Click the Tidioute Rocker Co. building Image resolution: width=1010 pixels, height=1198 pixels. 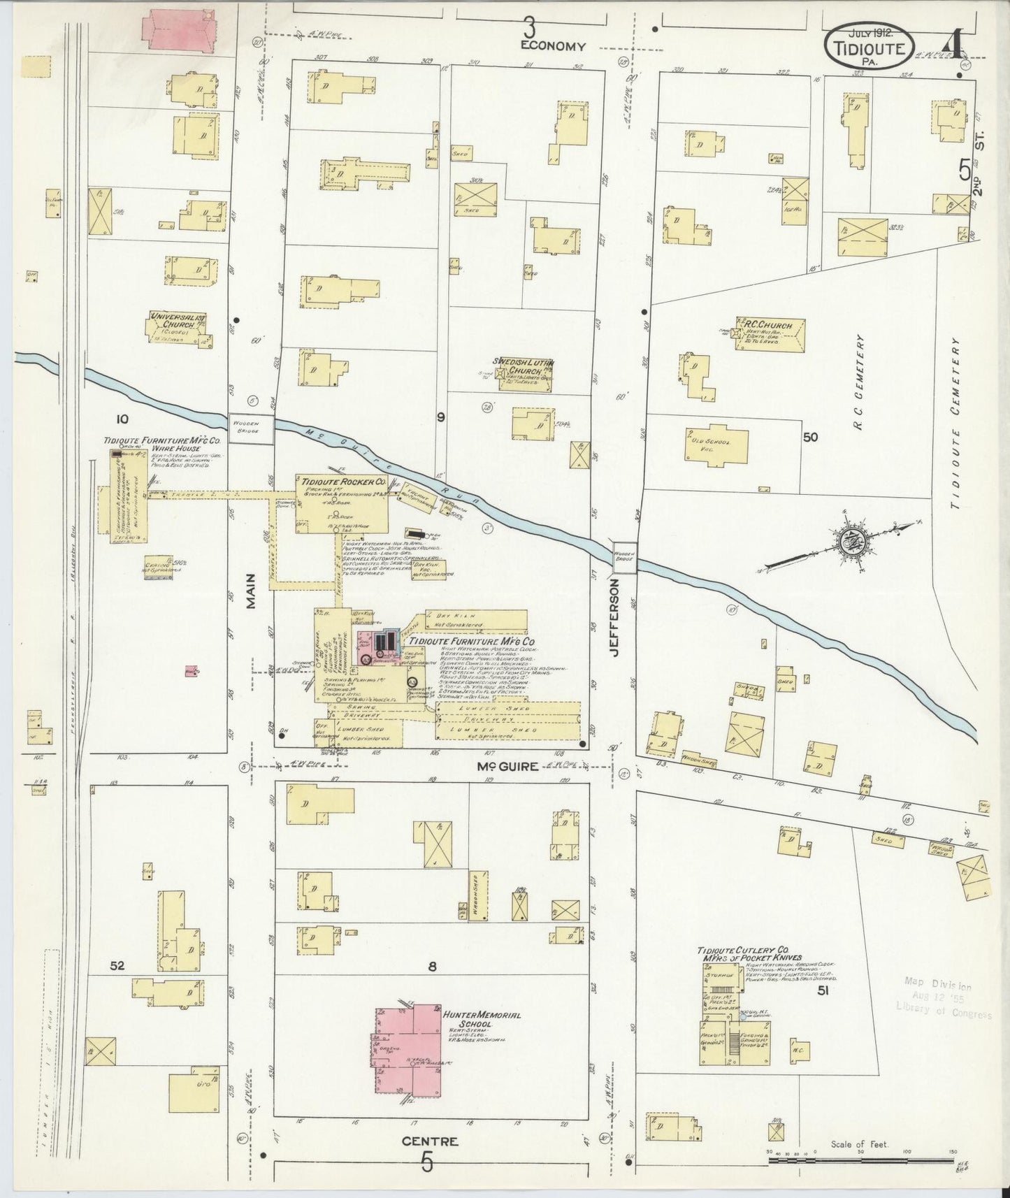342,502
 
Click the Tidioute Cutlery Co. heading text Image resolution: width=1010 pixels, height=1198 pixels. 744,953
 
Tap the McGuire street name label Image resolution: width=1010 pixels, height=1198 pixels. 507,766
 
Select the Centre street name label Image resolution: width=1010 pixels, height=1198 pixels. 429,1141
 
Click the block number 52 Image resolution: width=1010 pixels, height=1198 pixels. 117,966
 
